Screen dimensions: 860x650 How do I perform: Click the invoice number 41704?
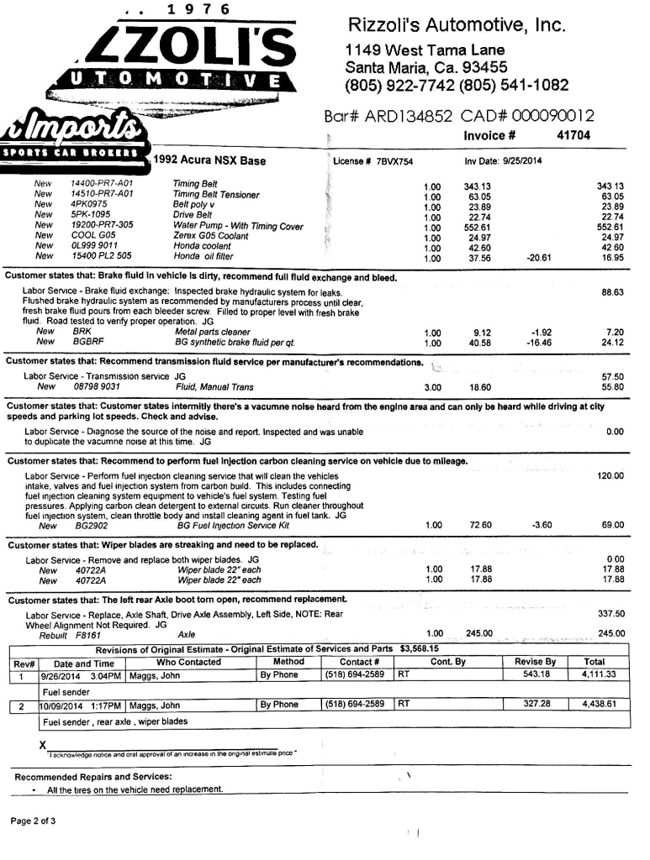coord(573,135)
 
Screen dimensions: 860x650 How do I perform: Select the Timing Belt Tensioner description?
coord(216,194)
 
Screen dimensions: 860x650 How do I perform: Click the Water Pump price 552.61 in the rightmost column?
coord(610,226)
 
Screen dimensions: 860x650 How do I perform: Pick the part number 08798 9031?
coord(97,387)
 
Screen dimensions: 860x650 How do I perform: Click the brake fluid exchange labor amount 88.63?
coord(612,292)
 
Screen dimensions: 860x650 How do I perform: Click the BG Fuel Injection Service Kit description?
coord(233,526)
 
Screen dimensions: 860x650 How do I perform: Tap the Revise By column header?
coord(535,662)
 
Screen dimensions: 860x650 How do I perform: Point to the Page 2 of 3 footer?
coord(33,821)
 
